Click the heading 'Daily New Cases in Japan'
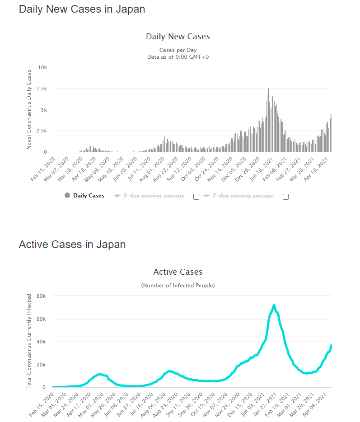coord(82,9)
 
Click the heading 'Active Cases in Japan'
coord(72,244)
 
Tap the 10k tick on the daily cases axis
coord(42,67)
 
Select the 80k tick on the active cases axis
coord(42,296)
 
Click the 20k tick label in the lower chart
coord(42,365)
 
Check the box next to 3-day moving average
coord(196,197)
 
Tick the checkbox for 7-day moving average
coord(285,197)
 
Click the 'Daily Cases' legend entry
coord(89,196)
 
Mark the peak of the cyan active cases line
coord(274,306)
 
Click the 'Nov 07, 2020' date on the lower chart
coord(215,404)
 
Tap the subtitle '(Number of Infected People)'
coord(178,286)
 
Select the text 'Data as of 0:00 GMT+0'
coord(178,57)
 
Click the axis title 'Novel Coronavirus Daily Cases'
coord(29,109)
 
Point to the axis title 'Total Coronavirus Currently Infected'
coord(29,342)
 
